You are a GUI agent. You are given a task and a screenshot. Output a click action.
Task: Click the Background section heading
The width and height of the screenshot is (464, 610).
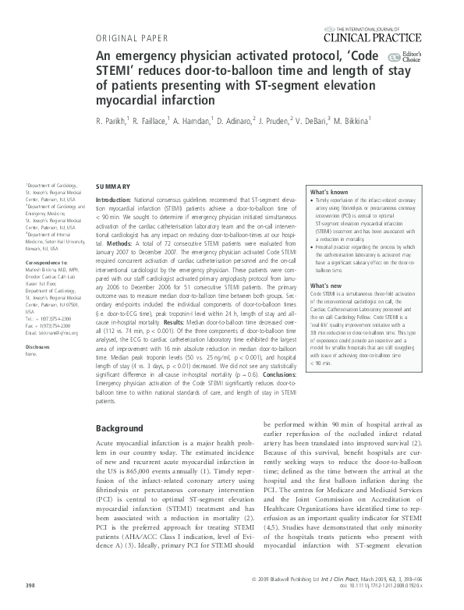coord(119,429)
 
